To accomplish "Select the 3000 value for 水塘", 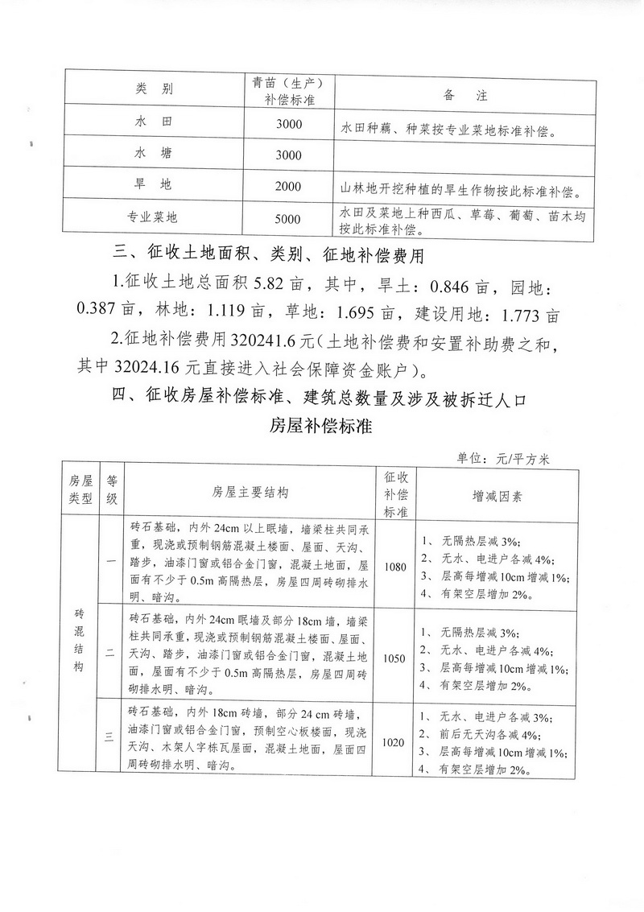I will coord(287,155).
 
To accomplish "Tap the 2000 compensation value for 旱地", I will coord(287,186).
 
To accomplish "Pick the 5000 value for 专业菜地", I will coord(287,218).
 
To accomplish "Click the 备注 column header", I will coord(466,94).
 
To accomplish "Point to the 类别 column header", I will coord(154,88).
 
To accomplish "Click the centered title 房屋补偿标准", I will coord(320,426).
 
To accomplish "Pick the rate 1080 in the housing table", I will coord(396,567).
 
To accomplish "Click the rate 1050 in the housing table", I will coord(396,658).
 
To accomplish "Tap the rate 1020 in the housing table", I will coord(396,742).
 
